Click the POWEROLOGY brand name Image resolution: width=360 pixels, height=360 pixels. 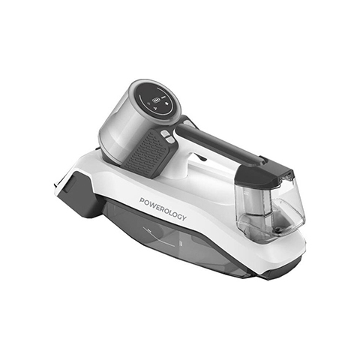(x=163, y=209)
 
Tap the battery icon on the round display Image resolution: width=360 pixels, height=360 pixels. (x=157, y=100)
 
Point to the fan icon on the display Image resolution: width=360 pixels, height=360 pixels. (x=155, y=109)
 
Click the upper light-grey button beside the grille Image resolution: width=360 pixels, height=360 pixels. (x=165, y=133)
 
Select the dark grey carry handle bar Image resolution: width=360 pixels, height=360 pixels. (x=220, y=143)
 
